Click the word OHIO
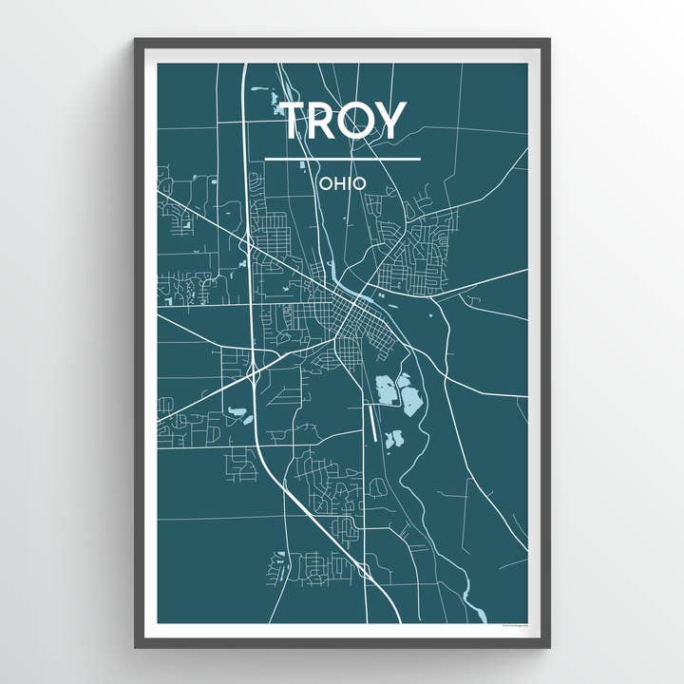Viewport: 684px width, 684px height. tap(342, 181)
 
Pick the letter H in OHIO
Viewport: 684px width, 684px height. tap(336, 181)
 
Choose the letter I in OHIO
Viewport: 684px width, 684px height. tap(348, 181)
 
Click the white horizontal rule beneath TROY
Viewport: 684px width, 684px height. tap(342, 159)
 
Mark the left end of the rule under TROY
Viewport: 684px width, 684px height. tap(266, 159)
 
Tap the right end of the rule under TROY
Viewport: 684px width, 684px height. tap(420, 159)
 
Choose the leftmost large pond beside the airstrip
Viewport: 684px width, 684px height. tap(386, 389)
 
